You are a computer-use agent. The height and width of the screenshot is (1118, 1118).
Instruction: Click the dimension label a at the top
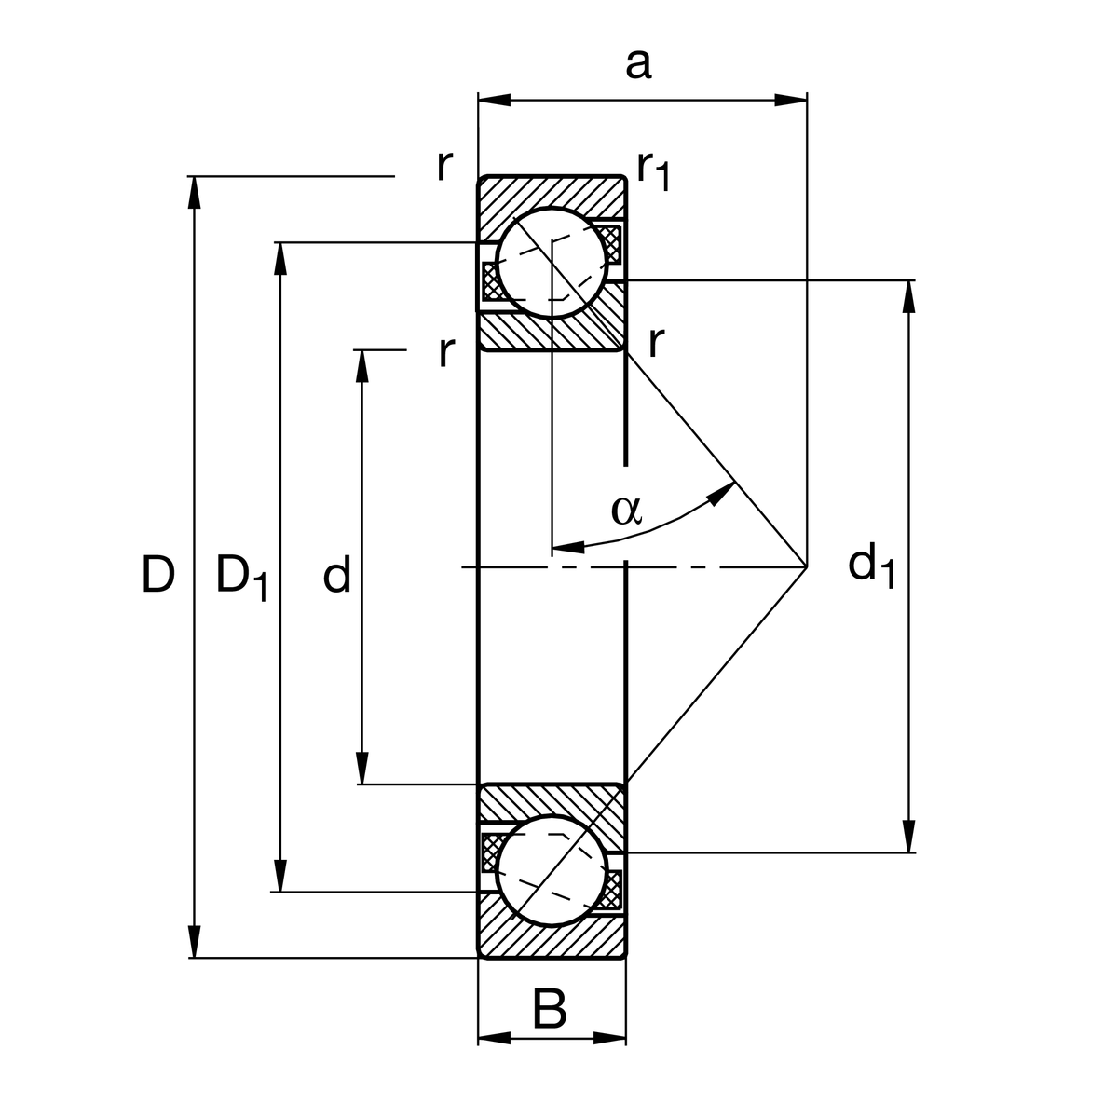(638, 65)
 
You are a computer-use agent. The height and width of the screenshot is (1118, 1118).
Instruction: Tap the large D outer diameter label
(158, 574)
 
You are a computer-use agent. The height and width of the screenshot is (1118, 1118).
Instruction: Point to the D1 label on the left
(241, 576)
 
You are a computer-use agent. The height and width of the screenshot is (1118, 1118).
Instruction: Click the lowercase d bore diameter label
(336, 575)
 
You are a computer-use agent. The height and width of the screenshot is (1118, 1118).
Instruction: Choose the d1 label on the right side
(871, 566)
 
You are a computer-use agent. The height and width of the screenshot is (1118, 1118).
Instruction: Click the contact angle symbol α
(626, 510)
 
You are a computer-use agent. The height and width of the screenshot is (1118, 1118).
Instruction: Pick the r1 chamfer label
(653, 170)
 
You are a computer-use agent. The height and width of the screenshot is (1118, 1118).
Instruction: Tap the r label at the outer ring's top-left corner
(445, 166)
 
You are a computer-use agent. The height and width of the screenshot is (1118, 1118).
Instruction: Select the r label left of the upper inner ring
(446, 351)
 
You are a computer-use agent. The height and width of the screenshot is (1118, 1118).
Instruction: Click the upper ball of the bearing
(551, 262)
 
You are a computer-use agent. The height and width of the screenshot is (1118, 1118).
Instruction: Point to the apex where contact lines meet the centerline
(806, 566)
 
